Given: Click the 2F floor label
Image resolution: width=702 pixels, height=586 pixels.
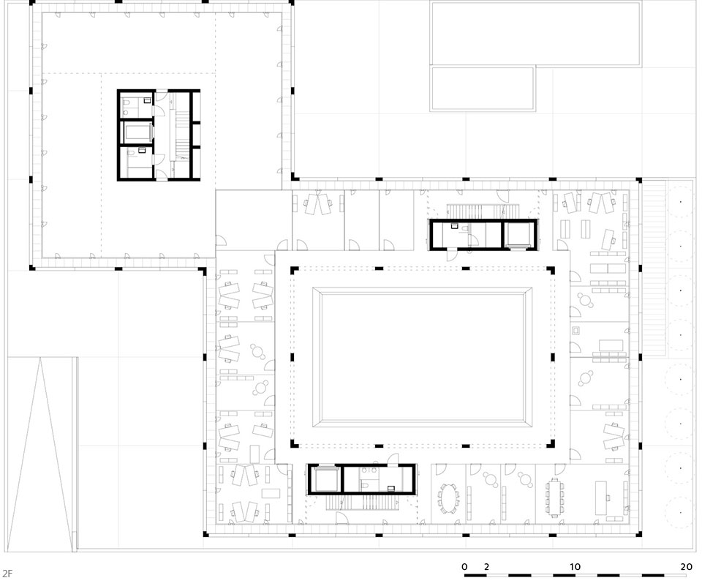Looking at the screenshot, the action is [x=7, y=573].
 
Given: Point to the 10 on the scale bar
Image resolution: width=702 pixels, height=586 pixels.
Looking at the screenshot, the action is [x=575, y=567].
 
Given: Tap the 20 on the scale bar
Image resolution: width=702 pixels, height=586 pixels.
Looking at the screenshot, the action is [x=687, y=567].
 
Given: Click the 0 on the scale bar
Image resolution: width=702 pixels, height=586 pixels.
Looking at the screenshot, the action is [x=465, y=567].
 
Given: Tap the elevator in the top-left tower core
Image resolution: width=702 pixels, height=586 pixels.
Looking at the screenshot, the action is [x=136, y=132].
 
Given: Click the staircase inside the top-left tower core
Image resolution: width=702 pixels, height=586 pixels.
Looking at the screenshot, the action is [x=181, y=135].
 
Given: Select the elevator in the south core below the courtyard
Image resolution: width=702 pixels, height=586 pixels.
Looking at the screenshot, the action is [x=325, y=479].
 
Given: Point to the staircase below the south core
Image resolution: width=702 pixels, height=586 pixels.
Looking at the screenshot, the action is [x=362, y=502].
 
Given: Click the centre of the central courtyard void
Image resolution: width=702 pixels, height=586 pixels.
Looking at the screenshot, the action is [x=422, y=357].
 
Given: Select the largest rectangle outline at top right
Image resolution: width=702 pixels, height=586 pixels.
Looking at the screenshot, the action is [x=535, y=33].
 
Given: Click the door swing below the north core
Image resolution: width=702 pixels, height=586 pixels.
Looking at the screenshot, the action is [x=453, y=255].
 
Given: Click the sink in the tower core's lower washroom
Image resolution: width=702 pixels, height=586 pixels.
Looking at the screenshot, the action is [x=142, y=151].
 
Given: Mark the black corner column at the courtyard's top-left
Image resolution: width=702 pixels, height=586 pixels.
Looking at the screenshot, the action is [x=294, y=271].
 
